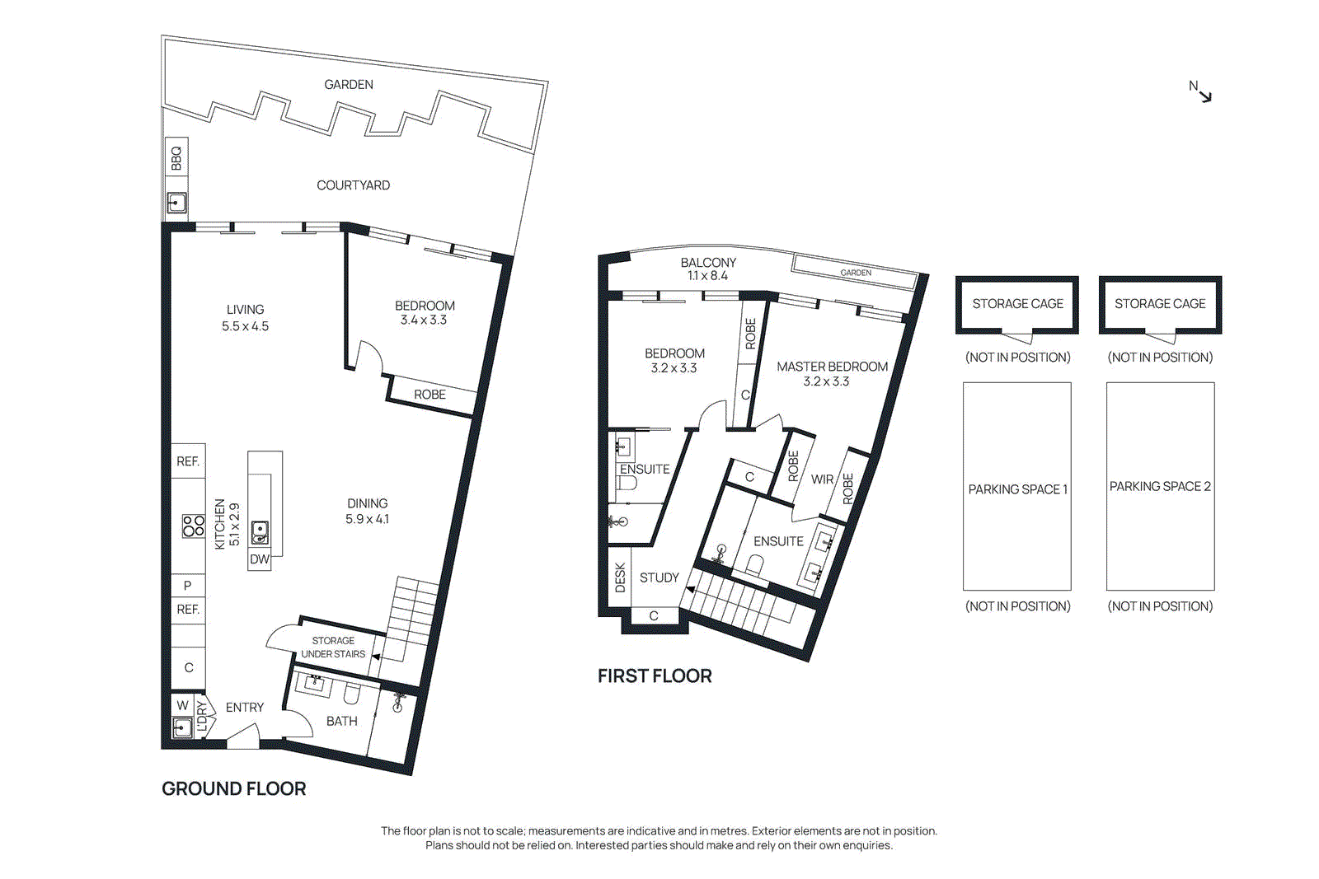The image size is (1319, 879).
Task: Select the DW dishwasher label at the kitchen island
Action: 260,559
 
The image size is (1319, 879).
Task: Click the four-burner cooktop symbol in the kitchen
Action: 194,526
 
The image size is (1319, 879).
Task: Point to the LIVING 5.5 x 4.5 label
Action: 245,318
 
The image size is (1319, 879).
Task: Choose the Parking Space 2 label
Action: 1160,486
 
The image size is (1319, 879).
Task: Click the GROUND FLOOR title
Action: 233,788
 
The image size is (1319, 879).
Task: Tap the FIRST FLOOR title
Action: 655,676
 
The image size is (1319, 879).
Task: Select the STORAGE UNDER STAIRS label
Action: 333,648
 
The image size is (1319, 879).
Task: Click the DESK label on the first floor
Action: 621,577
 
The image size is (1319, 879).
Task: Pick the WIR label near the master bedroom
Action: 822,479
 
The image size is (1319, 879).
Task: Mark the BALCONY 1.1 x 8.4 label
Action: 708,269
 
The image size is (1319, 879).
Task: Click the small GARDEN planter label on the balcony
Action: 856,273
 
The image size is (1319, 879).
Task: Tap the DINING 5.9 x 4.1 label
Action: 367,511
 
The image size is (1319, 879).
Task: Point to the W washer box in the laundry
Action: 182,705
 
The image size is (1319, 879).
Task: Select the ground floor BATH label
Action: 341,721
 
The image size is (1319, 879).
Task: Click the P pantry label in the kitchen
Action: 188,586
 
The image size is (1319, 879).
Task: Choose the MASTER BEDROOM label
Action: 832,373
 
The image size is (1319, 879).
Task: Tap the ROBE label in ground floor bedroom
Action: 429,395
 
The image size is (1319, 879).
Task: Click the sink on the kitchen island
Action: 260,532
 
